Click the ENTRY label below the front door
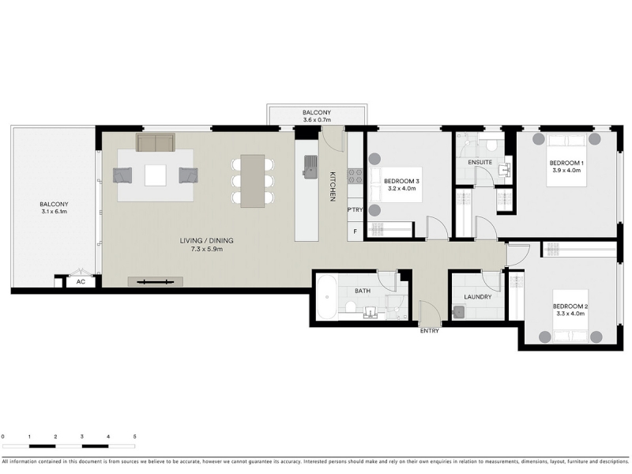(x=429, y=331)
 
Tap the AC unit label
(x=81, y=282)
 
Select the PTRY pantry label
(x=355, y=209)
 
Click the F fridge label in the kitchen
(x=355, y=231)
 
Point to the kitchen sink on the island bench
(x=310, y=167)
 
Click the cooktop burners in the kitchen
(x=355, y=176)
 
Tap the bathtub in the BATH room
(x=326, y=297)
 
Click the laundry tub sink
(x=459, y=312)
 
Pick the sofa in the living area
(x=156, y=142)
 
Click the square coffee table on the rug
(x=156, y=175)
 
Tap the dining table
(x=253, y=181)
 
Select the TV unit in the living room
(x=156, y=282)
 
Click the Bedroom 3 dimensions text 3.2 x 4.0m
(x=402, y=188)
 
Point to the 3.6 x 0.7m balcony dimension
(x=317, y=120)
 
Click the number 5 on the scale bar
(x=134, y=437)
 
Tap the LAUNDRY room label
(x=478, y=297)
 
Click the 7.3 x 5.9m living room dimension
(x=207, y=249)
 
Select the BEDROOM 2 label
(x=570, y=307)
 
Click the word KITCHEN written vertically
(x=333, y=186)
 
